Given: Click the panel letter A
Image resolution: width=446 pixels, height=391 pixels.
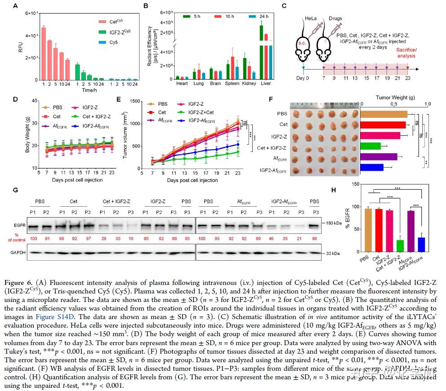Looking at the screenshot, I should tap(16, 5).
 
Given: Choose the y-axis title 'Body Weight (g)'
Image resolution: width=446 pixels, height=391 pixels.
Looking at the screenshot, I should tap(27, 133).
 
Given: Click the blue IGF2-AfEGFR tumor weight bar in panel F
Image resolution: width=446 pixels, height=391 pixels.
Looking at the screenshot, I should tap(371, 167).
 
